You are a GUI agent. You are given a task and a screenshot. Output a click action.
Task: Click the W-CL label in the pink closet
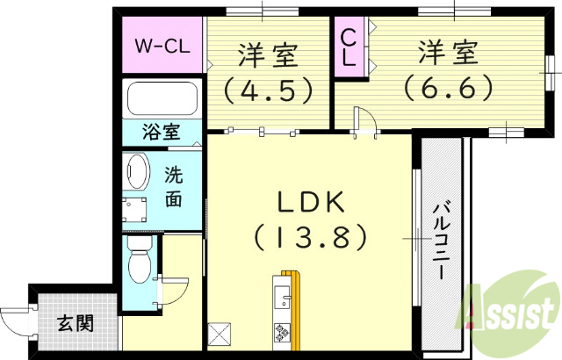pyautogui.click(x=161, y=45)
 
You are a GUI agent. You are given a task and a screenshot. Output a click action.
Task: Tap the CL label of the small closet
pyautogui.click(x=348, y=48)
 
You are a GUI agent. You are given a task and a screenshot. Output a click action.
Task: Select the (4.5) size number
pyautogui.click(x=268, y=88)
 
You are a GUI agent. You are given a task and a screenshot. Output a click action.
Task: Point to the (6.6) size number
pyautogui.click(x=448, y=86)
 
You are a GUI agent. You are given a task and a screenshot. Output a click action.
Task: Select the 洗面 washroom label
pyautogui.click(x=174, y=186)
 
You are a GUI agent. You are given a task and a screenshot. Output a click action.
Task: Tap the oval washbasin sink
pyautogui.click(x=136, y=171)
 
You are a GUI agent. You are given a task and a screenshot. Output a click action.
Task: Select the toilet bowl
pyautogui.click(x=139, y=263)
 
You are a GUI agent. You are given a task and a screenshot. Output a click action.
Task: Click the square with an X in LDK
pyautogui.click(x=220, y=335)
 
